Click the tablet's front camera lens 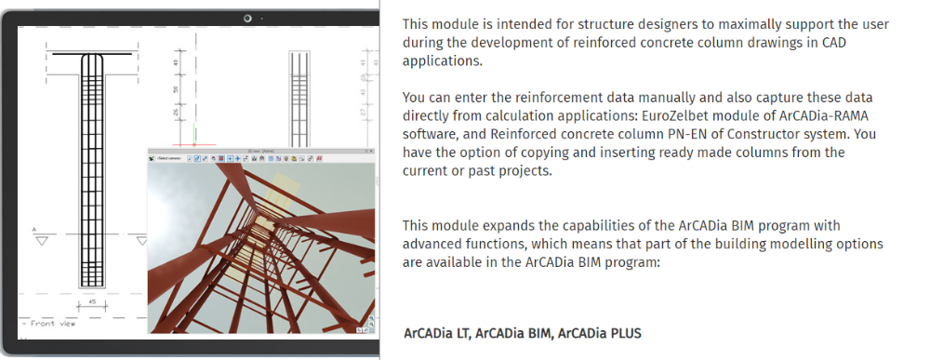[x=249, y=18]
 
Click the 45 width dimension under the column [x=91, y=302]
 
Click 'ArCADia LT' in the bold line [x=436, y=333]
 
